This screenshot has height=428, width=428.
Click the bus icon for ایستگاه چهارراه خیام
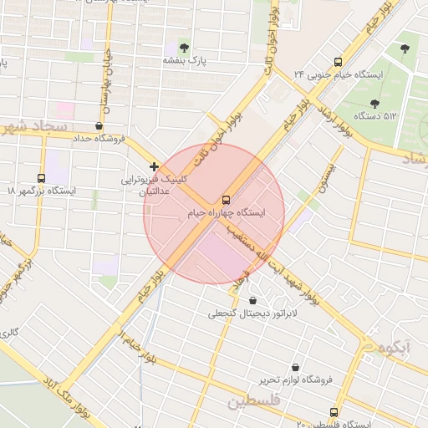click(x=226, y=200)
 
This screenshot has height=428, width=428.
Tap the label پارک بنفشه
click(x=184, y=61)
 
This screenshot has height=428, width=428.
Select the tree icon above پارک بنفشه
click(x=184, y=48)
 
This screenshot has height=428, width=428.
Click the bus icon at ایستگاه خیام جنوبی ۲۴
click(x=338, y=62)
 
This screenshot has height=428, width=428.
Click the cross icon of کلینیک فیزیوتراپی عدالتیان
click(x=154, y=166)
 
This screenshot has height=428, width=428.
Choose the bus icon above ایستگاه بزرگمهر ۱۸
click(x=42, y=178)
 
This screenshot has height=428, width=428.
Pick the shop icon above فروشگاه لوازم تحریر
click(x=295, y=367)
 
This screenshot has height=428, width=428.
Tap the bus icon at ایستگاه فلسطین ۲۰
click(x=334, y=412)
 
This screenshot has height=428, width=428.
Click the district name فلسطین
click(x=251, y=403)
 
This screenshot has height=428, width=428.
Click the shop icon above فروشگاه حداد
click(x=99, y=126)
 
